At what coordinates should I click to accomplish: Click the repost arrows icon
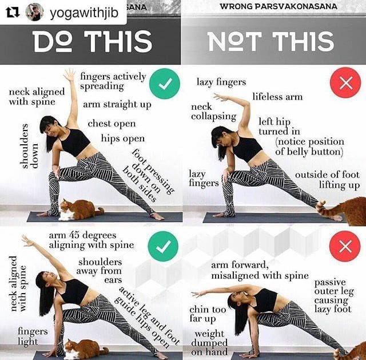[x=13, y=13]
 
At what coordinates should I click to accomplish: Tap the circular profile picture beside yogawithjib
[x=34, y=11]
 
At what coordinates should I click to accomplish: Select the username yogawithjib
[x=84, y=13]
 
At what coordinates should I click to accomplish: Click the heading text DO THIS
[x=93, y=42]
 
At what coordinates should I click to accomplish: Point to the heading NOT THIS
[x=270, y=41]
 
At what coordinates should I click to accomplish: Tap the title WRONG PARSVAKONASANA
[x=279, y=6]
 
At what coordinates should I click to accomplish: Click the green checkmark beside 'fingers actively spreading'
[x=165, y=84]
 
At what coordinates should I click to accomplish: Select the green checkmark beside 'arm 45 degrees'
[x=163, y=246]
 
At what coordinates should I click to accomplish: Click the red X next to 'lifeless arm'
[x=345, y=82]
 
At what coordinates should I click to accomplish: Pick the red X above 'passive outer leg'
[x=345, y=246]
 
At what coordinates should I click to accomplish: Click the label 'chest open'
[x=112, y=124]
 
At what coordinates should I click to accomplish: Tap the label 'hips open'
[x=123, y=139]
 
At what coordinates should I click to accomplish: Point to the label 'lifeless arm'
[x=277, y=97]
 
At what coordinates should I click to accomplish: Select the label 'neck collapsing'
[x=213, y=112]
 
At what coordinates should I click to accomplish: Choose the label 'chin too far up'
[x=208, y=314]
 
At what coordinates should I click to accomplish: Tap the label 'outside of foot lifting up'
[x=327, y=180]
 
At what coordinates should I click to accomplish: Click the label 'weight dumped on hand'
[x=209, y=343]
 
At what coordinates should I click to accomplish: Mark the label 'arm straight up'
[x=117, y=105]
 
